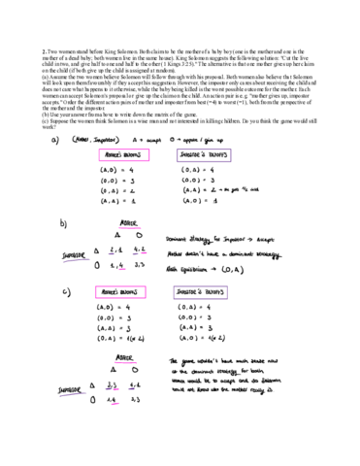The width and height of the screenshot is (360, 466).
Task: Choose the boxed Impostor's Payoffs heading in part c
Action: (202, 292)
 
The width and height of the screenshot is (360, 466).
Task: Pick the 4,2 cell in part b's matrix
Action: (138, 249)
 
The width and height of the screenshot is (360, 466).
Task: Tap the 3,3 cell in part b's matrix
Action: (138, 264)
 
